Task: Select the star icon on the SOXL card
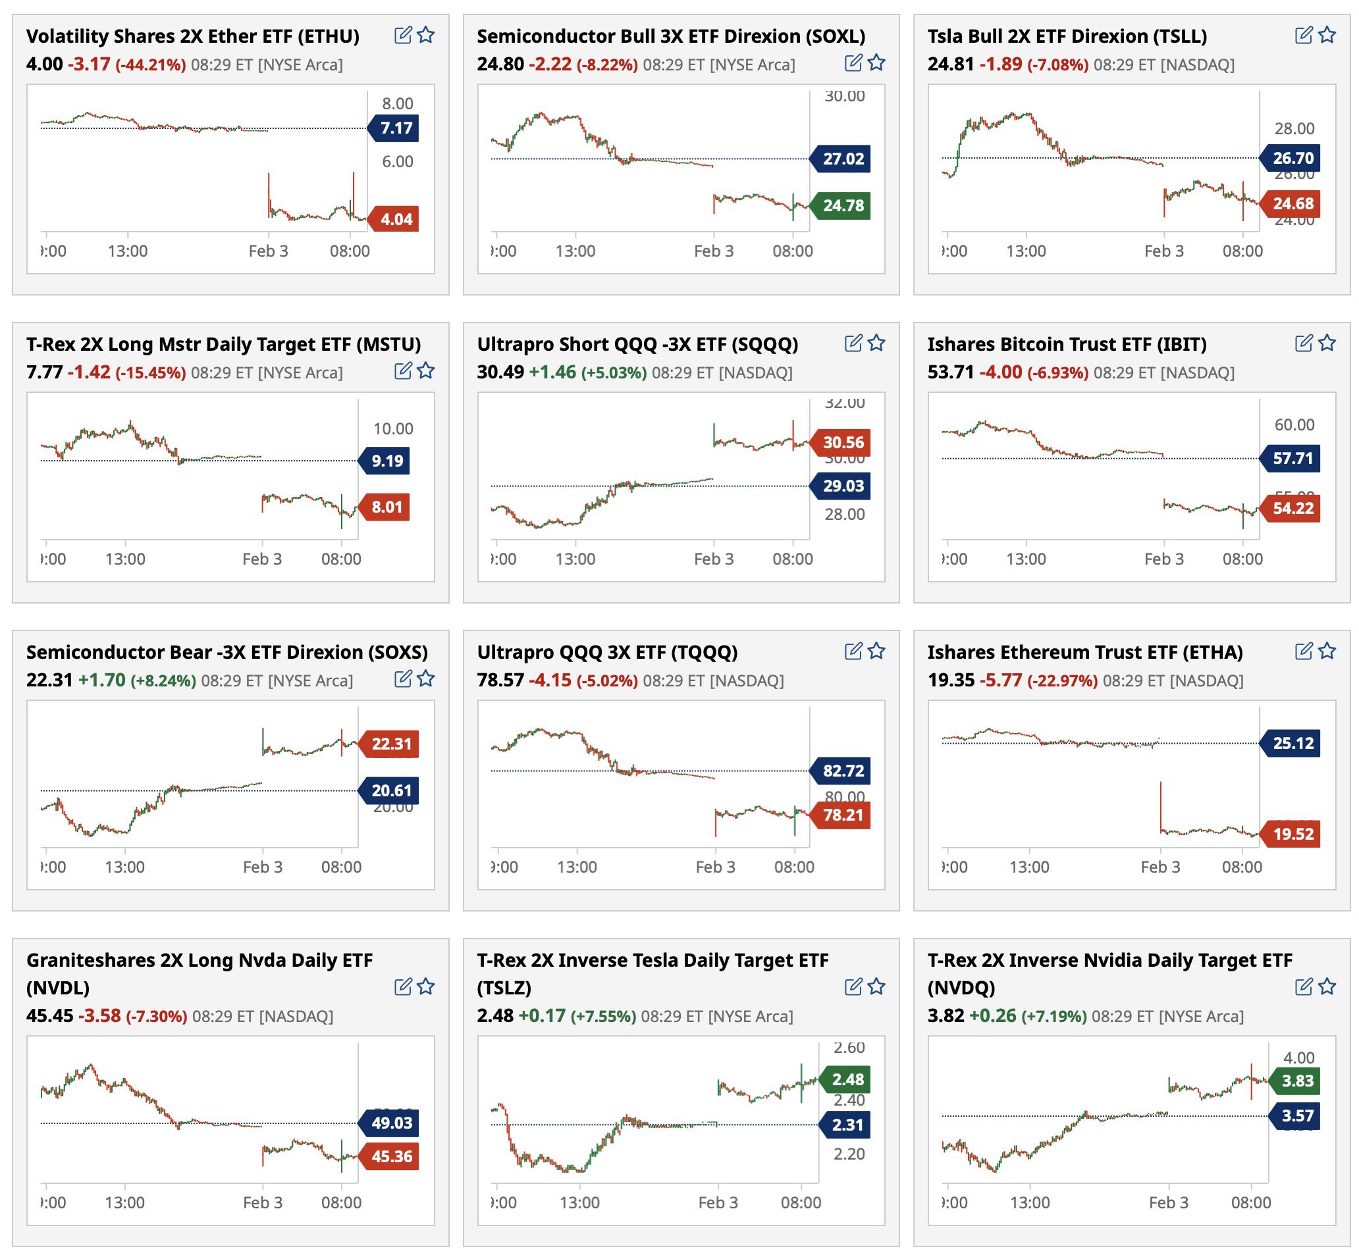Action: click(x=876, y=63)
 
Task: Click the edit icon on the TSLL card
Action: click(x=1303, y=35)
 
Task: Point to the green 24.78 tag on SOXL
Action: click(x=843, y=205)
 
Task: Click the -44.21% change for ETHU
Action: click(x=150, y=65)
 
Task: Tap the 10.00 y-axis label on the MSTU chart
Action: click(x=392, y=428)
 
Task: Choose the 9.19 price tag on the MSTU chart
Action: click(x=386, y=461)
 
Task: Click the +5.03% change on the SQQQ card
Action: click(x=614, y=372)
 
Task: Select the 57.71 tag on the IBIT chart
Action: click(x=1292, y=458)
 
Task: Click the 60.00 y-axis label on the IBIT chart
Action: click(x=1294, y=424)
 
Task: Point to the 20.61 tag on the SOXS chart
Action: click(x=390, y=790)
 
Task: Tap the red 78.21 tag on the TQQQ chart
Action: click(x=843, y=815)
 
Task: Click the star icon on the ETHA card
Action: click(x=1327, y=651)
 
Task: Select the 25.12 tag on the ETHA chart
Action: click(x=1292, y=743)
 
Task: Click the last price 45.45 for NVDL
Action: click(x=49, y=1015)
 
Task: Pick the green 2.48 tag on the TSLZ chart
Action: click(x=847, y=1079)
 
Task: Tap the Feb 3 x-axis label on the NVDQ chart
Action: click(x=1168, y=1202)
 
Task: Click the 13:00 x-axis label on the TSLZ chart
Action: click(x=579, y=1202)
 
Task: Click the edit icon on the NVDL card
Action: click(x=403, y=987)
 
